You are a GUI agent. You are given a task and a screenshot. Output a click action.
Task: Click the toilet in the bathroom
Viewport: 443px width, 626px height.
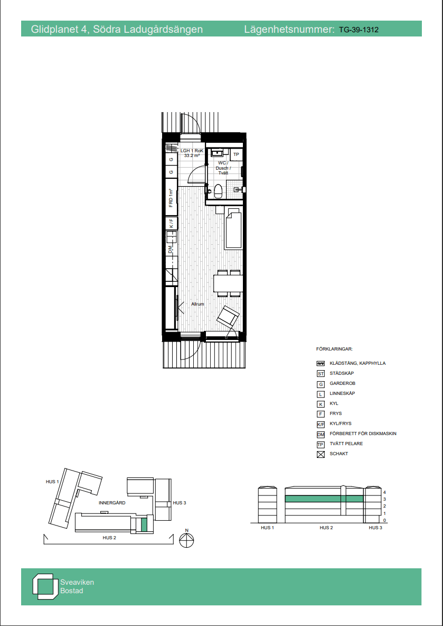coord(218,191)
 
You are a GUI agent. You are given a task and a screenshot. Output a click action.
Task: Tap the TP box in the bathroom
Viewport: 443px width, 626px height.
coord(236,154)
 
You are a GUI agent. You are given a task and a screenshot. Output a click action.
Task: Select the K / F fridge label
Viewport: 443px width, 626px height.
coord(172,223)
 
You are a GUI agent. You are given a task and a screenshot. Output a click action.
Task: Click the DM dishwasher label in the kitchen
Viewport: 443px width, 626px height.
coord(170,250)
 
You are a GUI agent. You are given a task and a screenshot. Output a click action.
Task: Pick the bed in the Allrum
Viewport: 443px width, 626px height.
coord(234,229)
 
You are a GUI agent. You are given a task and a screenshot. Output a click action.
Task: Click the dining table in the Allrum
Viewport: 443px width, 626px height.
coord(228,283)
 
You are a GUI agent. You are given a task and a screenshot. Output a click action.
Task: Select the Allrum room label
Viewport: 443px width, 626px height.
coord(197,304)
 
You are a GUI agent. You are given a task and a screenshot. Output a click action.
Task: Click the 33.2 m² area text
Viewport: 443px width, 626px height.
coord(192,155)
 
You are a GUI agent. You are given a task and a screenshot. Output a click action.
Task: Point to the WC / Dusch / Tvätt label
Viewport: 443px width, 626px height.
coord(223,168)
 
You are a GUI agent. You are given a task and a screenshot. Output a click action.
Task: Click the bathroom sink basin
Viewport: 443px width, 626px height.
coord(218,152)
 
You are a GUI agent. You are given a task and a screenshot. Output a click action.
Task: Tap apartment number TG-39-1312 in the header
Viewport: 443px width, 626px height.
coord(359,30)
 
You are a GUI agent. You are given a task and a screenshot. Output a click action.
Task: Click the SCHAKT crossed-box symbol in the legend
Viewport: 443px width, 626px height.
coord(321,454)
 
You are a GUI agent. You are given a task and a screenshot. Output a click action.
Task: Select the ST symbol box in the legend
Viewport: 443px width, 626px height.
coord(321,374)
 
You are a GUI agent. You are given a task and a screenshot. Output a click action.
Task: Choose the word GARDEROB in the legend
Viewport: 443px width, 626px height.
coord(343,383)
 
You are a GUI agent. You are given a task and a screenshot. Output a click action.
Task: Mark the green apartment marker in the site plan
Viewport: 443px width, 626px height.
coord(144,524)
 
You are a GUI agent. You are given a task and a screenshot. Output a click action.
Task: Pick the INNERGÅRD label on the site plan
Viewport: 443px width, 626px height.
coord(112,503)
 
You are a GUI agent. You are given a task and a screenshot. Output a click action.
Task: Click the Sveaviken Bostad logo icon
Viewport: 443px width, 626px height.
coord(43,586)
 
